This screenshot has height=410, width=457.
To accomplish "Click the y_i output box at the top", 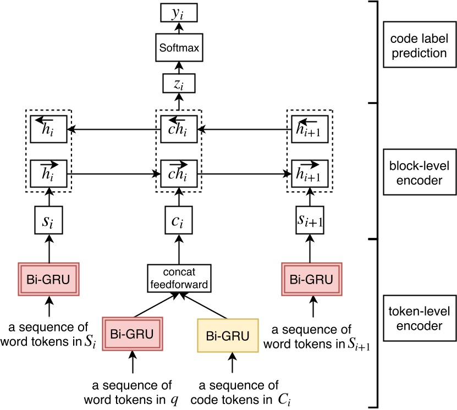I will coord(178,14).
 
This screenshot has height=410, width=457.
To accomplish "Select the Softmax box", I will coord(178,49).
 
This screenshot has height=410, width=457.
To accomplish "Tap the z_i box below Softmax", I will coord(178,84).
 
